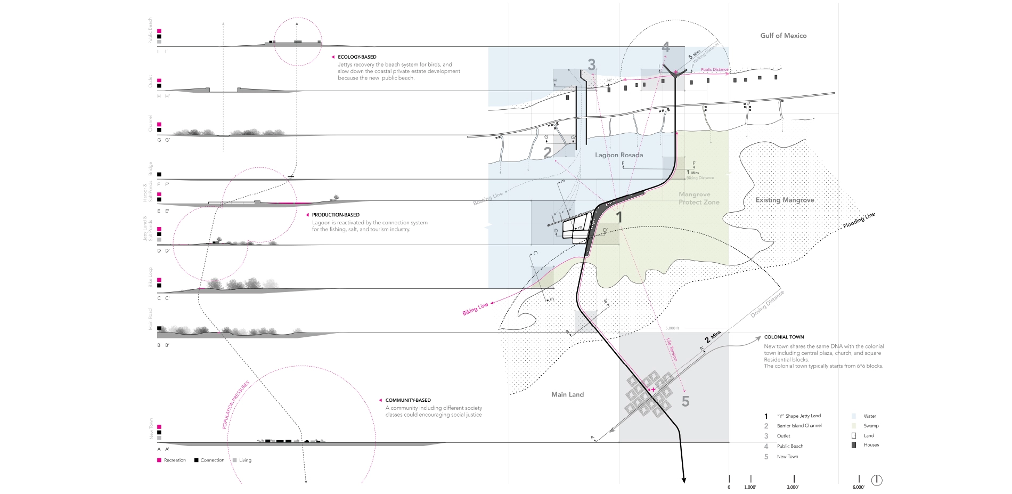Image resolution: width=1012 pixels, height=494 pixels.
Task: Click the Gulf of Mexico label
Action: click(783, 36)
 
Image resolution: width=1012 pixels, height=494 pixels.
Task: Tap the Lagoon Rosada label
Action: click(619, 155)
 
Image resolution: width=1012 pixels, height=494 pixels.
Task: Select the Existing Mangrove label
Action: click(785, 200)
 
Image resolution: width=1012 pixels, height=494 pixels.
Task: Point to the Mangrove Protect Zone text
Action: click(699, 198)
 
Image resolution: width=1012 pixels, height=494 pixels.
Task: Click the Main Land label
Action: click(567, 394)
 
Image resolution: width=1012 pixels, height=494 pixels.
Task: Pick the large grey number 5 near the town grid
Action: click(685, 401)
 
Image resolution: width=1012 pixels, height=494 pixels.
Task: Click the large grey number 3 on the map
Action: click(592, 64)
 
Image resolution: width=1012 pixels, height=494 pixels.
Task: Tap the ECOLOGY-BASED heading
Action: click(357, 57)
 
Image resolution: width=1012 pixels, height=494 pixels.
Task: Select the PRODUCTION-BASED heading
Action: click(336, 215)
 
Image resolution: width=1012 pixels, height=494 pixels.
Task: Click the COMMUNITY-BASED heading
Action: click(408, 400)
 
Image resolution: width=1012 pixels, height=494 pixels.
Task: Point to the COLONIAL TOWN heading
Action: click(784, 337)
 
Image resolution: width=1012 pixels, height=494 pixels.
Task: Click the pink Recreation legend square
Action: click(159, 460)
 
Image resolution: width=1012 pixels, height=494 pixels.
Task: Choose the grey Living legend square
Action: click(234, 460)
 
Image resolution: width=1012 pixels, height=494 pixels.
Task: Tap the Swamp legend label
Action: click(871, 426)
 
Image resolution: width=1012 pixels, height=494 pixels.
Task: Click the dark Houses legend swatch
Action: click(854, 445)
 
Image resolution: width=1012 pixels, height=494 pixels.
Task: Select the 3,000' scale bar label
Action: click(793, 487)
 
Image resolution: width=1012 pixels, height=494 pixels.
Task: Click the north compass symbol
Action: click(877, 480)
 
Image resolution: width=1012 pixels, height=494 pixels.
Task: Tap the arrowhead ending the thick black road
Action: click(684, 481)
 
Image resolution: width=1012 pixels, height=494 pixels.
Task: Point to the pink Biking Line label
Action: click(475, 309)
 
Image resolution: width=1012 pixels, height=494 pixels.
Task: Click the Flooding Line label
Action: click(859, 221)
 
